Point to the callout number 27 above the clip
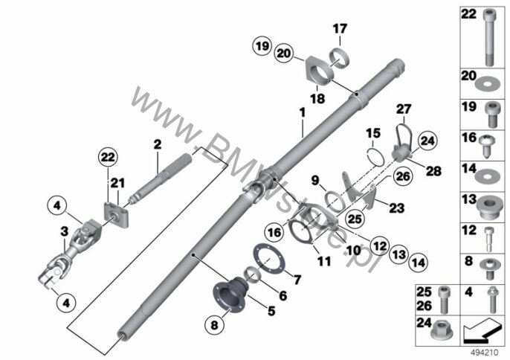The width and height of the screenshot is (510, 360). click(x=404, y=109)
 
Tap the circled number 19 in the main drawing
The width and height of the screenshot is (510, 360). click(x=262, y=46)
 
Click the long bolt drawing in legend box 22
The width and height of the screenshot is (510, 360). click(x=488, y=37)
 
